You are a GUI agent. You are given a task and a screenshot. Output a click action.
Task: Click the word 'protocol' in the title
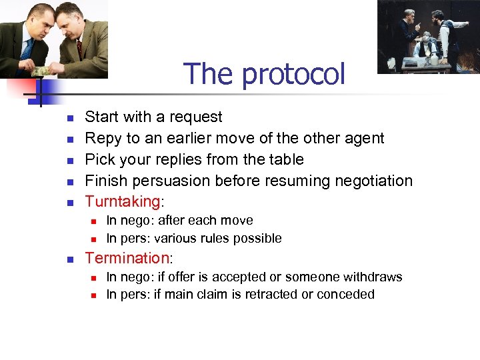coord(294,75)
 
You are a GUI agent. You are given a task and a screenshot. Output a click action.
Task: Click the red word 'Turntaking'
coord(123,202)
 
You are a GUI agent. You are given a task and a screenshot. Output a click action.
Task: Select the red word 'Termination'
coord(127,258)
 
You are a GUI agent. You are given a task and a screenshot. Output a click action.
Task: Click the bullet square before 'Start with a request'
coord(69,118)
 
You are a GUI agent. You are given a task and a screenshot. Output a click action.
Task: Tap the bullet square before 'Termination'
coord(69,259)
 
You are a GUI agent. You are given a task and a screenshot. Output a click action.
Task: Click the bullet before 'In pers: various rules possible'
coord(94,239)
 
